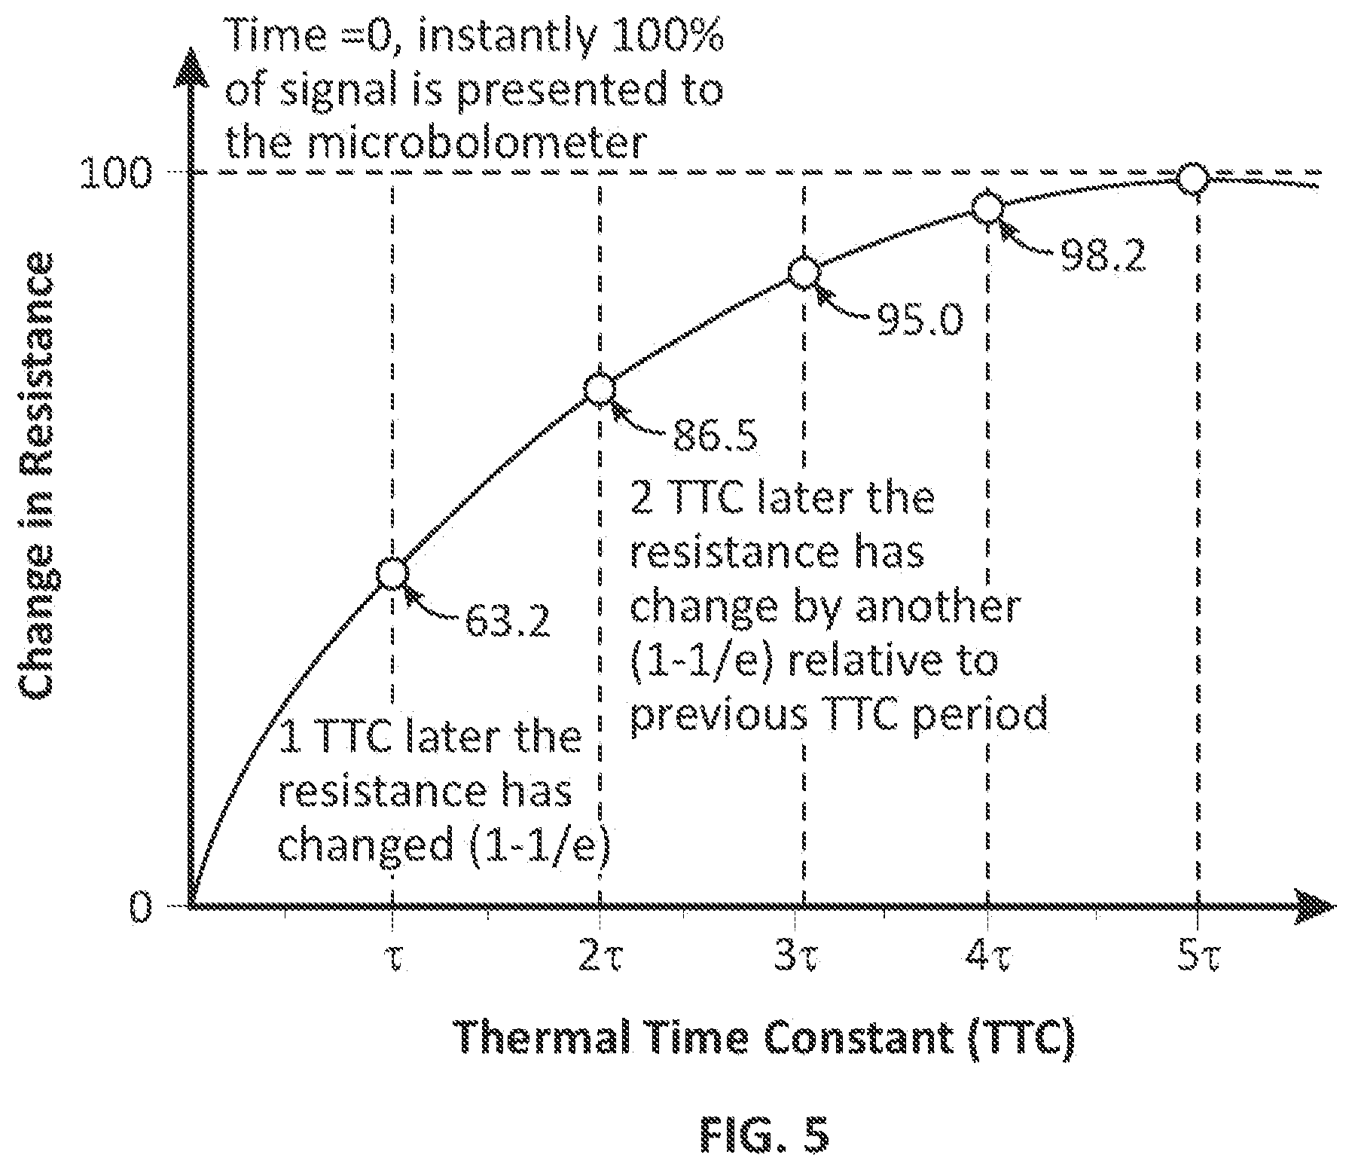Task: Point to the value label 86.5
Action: pos(715,435)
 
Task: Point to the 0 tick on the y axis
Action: pos(142,907)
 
